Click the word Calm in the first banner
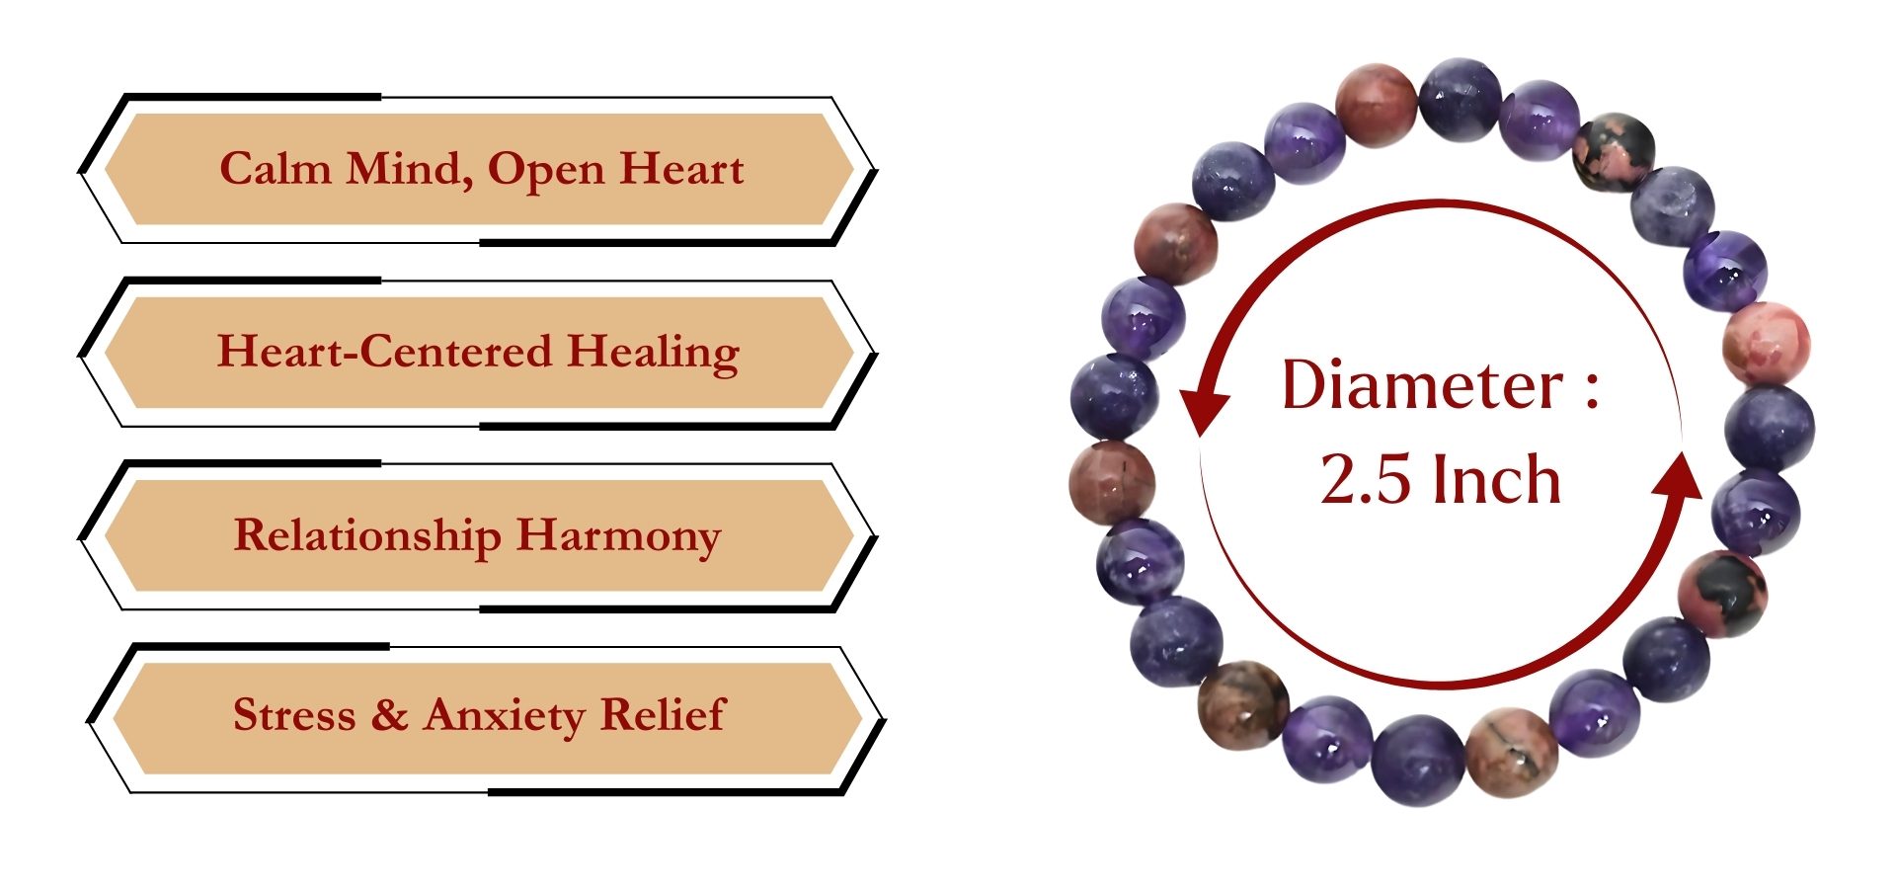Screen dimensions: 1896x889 276,168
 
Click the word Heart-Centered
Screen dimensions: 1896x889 384,352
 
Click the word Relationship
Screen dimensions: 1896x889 367,536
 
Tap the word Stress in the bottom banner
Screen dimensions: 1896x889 294,714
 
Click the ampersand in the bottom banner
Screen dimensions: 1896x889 390,714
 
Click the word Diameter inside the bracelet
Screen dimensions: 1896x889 1423,384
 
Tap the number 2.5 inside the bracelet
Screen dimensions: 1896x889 1365,480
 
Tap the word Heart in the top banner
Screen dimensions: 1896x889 681,169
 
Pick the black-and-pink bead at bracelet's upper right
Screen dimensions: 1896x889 1613,151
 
